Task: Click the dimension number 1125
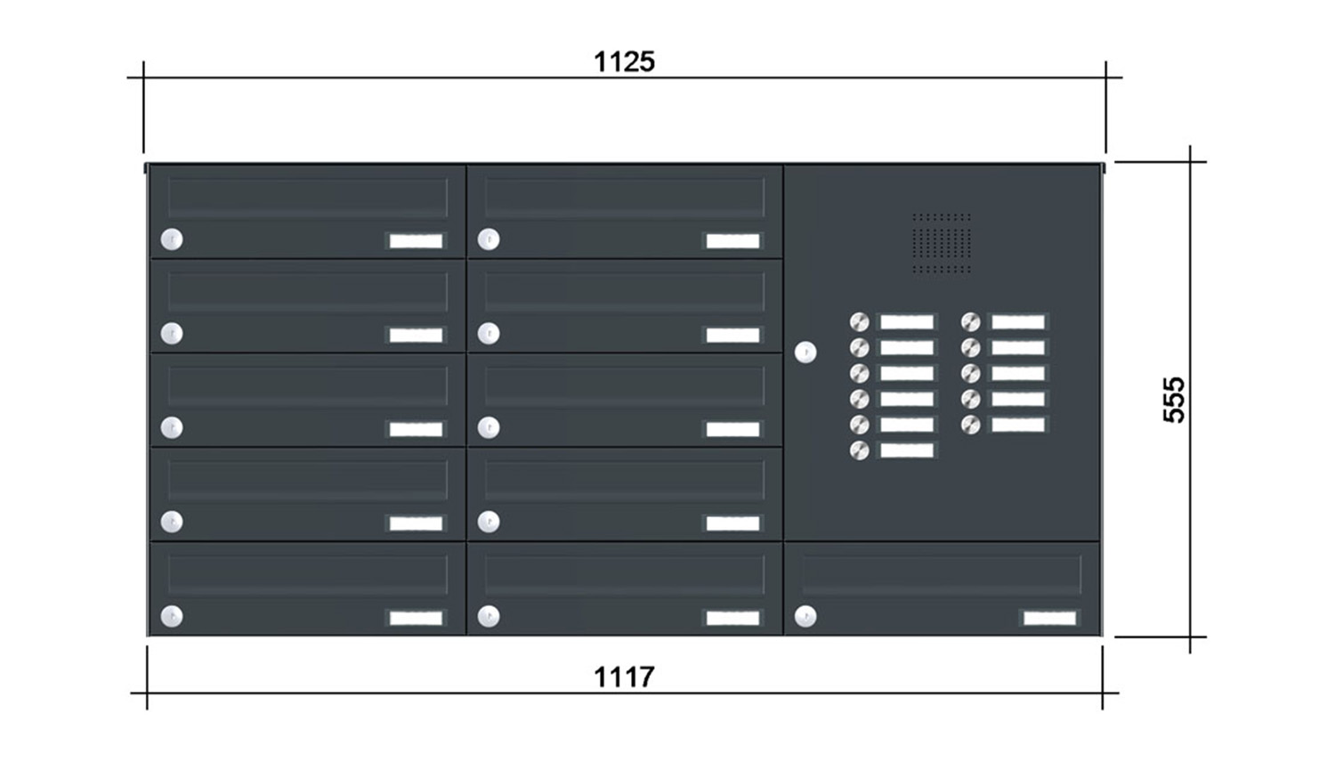click(624, 62)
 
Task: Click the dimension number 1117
click(624, 677)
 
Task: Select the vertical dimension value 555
click(1174, 400)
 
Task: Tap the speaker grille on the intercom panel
click(942, 243)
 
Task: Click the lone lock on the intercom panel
click(805, 353)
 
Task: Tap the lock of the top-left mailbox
click(172, 239)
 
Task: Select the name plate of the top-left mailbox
click(416, 241)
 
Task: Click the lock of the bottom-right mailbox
click(805, 617)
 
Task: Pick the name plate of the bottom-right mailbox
click(1049, 618)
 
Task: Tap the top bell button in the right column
click(970, 322)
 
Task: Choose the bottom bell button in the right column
click(970, 426)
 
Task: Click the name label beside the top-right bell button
click(1018, 322)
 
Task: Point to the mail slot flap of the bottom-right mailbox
click(942, 574)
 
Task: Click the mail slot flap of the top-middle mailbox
click(625, 198)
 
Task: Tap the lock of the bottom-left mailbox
click(172, 617)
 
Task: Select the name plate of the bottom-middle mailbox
click(732, 618)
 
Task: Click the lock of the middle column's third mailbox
click(489, 427)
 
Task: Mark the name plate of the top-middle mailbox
click(732, 241)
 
